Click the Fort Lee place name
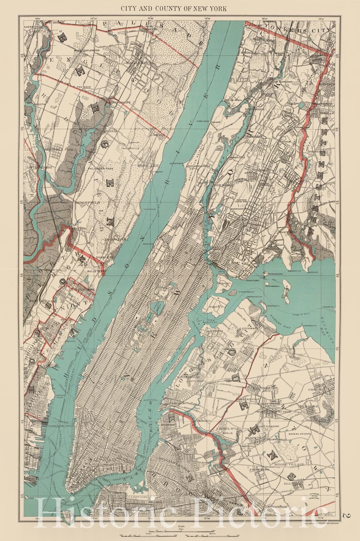pyautogui.click(x=146, y=165)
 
